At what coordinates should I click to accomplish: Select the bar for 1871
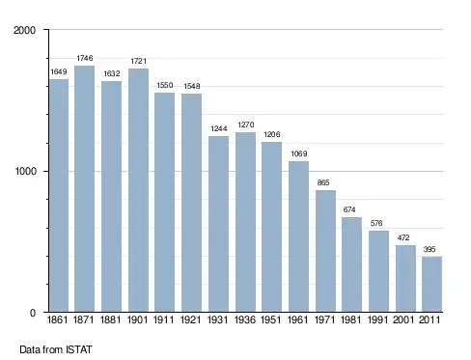(84, 189)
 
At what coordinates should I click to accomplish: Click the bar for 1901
(138, 190)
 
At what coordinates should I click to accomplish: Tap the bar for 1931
(218, 224)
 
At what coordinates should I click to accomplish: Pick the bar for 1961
(298, 236)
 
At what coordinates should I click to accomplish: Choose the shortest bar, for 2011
(431, 284)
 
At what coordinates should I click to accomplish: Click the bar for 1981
(351, 264)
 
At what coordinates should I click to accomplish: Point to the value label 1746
(85, 58)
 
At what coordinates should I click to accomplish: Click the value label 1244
(219, 128)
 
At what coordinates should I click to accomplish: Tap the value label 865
(323, 182)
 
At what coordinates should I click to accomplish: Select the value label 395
(429, 249)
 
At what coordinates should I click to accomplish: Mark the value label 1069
(299, 153)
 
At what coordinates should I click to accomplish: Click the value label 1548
(192, 86)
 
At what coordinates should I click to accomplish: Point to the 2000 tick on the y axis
(24, 30)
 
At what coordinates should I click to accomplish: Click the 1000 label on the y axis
(26, 171)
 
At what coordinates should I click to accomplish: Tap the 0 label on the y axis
(33, 313)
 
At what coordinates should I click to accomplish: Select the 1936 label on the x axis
(245, 319)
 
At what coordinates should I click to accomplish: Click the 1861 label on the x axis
(57, 319)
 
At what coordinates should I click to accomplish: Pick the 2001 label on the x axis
(403, 319)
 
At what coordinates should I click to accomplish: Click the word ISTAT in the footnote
(79, 349)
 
